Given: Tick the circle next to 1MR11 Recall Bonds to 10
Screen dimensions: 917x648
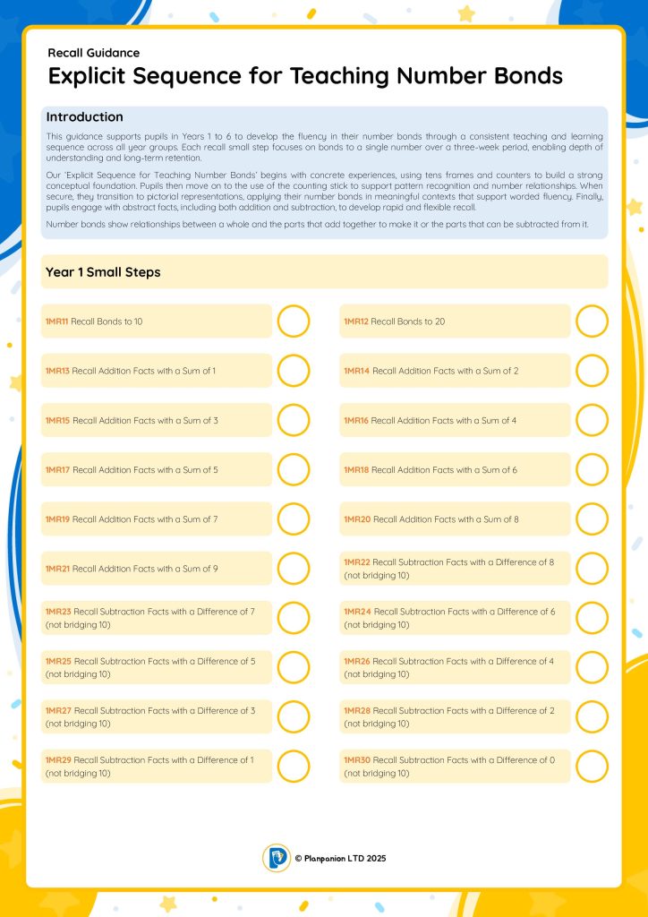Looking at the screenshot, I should [x=294, y=321].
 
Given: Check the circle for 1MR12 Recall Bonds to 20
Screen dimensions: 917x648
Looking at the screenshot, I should [x=592, y=321].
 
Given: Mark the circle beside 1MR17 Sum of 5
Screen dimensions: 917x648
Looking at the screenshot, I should [x=294, y=469].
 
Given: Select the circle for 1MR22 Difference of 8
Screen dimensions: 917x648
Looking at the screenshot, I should [x=592, y=568].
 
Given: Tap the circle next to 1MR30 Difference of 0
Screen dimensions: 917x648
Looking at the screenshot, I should [x=592, y=766].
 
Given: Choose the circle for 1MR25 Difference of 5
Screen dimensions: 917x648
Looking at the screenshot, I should [x=294, y=667].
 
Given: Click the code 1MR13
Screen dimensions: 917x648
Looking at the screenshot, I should [x=57, y=371].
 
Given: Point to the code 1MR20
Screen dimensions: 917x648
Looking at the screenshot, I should [x=356, y=519].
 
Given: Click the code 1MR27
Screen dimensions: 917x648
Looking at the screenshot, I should [x=58, y=710].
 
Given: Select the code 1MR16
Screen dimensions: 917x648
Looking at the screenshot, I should [x=356, y=420].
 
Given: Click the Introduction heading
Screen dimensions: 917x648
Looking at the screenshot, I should [x=84, y=117].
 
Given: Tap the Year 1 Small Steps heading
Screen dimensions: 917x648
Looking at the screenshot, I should [x=103, y=272].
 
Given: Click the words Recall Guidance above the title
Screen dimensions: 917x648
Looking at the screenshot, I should [x=93, y=53].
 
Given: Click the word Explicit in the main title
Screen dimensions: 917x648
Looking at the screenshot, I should [x=88, y=76].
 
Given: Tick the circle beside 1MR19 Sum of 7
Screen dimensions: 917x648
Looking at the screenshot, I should [x=294, y=518].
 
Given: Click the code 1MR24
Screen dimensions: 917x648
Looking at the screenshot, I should [x=357, y=611].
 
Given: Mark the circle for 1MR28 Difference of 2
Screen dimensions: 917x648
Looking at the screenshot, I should [x=592, y=716].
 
